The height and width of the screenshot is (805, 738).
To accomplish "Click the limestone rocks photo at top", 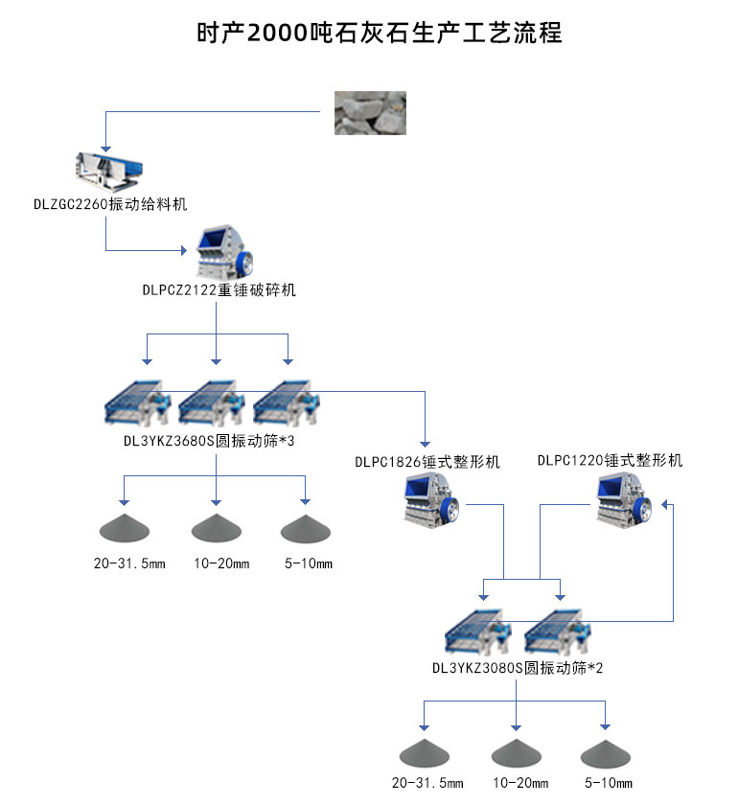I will pyautogui.click(x=369, y=112).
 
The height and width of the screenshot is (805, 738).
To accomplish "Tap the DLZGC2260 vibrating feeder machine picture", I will pyautogui.click(x=108, y=170).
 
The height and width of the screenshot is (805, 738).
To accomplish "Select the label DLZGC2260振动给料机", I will pyautogui.click(x=108, y=204).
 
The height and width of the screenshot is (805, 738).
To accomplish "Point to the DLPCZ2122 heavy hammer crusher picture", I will pyautogui.click(x=224, y=253).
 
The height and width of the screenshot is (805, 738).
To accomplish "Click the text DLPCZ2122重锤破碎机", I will pyautogui.click(x=219, y=289).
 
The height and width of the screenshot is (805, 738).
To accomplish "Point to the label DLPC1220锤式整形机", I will pyautogui.click(x=611, y=461).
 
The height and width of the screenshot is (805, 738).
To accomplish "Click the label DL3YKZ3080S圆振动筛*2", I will pyautogui.click(x=518, y=668).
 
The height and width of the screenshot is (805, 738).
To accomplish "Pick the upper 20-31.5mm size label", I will pyautogui.click(x=129, y=563).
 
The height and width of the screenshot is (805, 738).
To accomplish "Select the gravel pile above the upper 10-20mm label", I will pyautogui.click(x=219, y=528).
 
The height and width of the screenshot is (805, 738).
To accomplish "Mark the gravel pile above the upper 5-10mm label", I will pyautogui.click(x=308, y=528).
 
